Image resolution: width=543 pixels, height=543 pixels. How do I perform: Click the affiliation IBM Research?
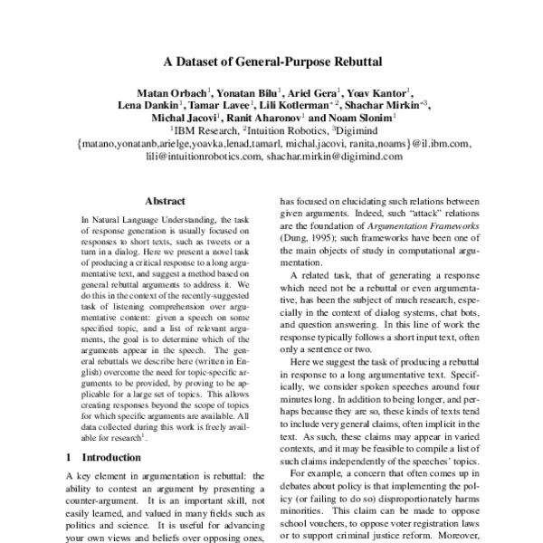pos(214,131)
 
